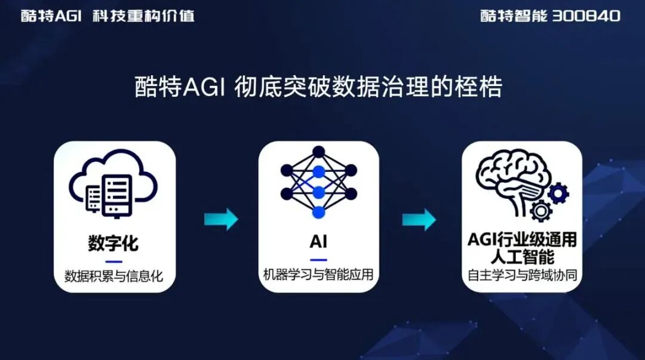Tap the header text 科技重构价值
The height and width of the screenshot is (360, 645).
(x=143, y=16)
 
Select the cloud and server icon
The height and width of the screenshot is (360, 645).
(x=113, y=185)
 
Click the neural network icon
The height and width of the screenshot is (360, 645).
(x=319, y=181)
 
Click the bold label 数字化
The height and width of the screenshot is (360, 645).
(x=113, y=243)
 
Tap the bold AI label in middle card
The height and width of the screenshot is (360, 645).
(x=318, y=242)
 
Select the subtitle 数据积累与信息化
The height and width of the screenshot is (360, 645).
(x=113, y=276)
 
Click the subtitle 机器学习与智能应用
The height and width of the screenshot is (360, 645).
(x=318, y=275)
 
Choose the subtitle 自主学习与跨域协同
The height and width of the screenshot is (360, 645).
(x=522, y=276)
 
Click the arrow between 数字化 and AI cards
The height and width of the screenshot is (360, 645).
(x=221, y=219)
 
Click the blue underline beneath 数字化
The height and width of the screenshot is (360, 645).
(x=113, y=261)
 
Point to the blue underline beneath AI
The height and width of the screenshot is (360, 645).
(x=318, y=259)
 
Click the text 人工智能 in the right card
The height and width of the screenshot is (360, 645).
(x=522, y=257)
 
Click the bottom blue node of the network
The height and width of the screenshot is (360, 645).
(x=319, y=211)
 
